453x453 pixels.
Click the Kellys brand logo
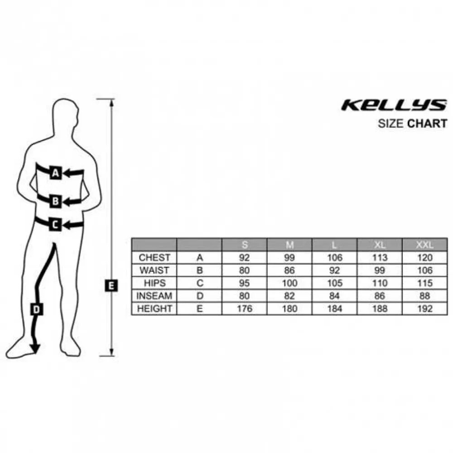coord(394,105)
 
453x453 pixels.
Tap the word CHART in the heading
coord(427,124)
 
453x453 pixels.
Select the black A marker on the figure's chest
coord(55,173)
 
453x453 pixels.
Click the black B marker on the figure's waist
coord(55,201)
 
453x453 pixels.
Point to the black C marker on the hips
coord(55,224)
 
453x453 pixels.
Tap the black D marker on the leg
coord(37,309)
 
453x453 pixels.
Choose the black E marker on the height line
coord(111,285)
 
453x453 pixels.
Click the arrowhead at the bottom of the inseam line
coord(35,348)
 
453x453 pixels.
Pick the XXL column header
coord(425,245)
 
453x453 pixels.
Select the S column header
coord(245,245)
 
